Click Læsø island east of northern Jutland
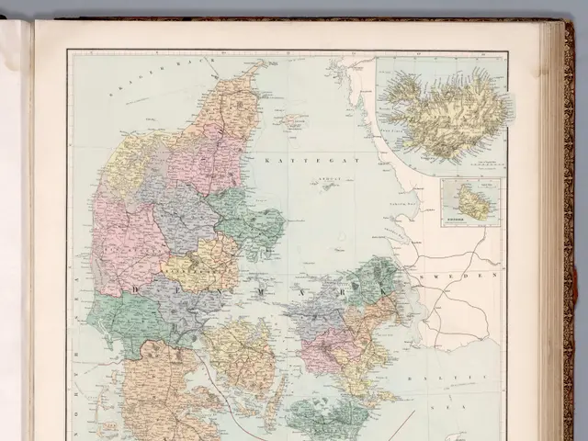click(x=295, y=119)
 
